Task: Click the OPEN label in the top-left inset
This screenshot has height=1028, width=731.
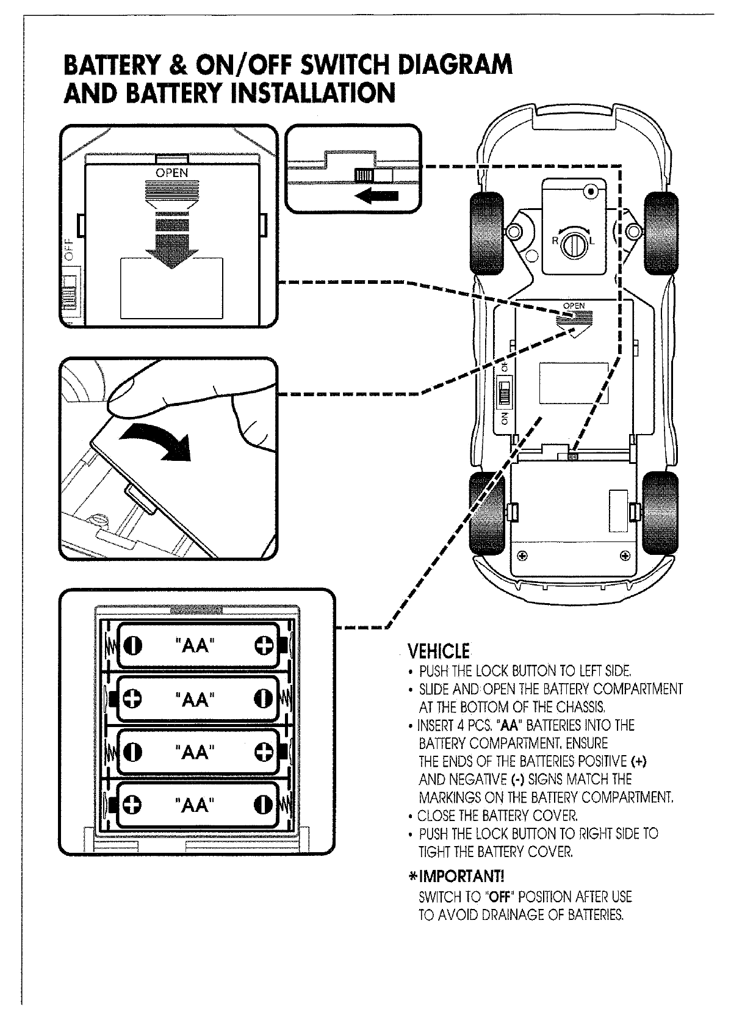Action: pos(172,173)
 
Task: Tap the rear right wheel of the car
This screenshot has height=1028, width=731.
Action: pos(661,510)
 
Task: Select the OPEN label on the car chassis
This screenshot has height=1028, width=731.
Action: pos(574,305)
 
